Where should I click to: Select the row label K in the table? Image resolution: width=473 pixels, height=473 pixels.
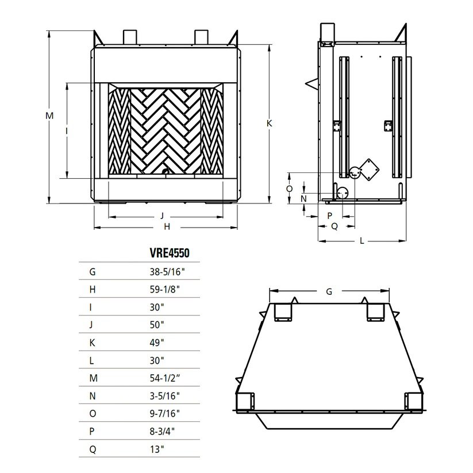[x=93, y=343]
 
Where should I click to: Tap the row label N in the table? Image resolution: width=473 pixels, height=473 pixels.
[x=93, y=396]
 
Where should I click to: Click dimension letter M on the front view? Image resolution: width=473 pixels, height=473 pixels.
[x=50, y=116]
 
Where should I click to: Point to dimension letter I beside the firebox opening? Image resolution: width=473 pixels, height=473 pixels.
[x=67, y=131]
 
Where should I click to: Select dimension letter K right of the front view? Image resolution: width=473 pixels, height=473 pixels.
[x=268, y=124]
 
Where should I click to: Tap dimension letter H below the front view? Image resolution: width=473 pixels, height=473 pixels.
[x=167, y=227]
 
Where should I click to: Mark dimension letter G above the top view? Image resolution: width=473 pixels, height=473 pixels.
[x=329, y=291]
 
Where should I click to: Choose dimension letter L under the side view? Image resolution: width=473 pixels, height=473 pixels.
[x=362, y=241]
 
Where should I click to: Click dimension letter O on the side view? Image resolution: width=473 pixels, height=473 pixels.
[x=290, y=188]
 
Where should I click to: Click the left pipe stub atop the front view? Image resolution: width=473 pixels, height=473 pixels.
[x=129, y=36]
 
